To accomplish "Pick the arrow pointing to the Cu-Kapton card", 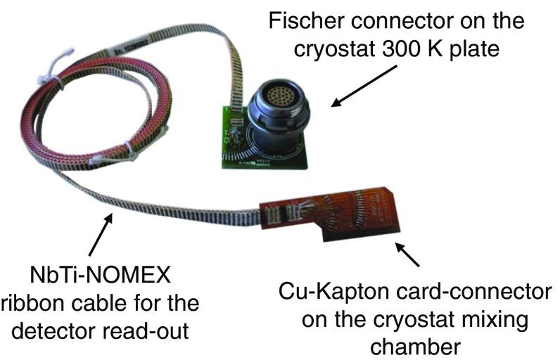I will pos(407,255).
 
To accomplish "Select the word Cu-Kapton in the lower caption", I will pos(328,292).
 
